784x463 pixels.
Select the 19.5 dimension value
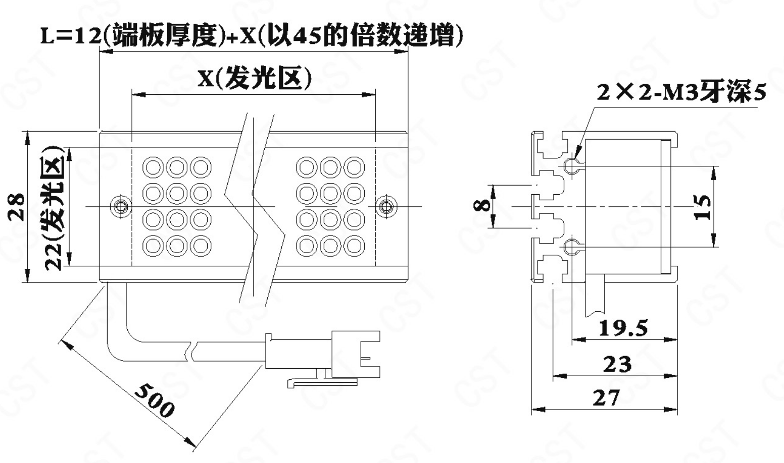[622, 328]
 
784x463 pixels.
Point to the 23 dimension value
[617, 364]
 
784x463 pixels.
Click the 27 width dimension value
[606, 398]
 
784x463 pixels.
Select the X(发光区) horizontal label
[254, 78]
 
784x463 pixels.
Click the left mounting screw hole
[121, 206]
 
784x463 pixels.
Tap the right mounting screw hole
[386, 206]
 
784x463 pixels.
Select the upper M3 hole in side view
[571, 165]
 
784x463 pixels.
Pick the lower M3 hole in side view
[571, 247]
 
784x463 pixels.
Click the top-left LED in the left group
[153, 167]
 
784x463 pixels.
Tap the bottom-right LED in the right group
[354, 246]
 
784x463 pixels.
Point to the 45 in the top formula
[307, 37]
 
